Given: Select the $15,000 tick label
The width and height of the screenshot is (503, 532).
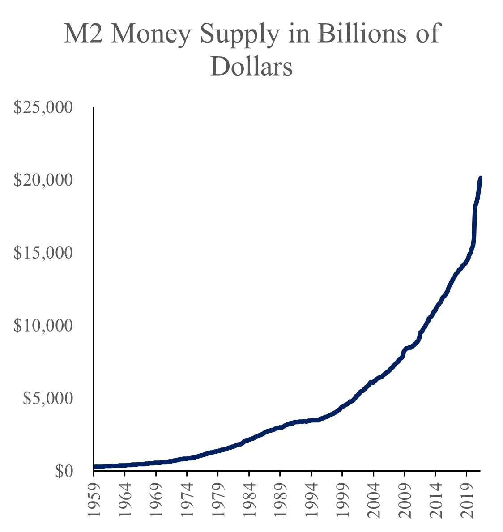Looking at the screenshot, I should pos(43,253).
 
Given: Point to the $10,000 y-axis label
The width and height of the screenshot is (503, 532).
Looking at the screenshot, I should pos(43,325).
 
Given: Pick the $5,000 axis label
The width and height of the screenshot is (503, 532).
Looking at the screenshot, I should pos(48,398).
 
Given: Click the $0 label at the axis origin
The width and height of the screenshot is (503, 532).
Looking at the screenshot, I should pos(64,471).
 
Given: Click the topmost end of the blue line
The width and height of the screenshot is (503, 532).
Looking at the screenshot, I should pos(480,178).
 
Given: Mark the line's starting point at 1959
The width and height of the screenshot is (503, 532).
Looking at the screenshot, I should pos(95,467).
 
